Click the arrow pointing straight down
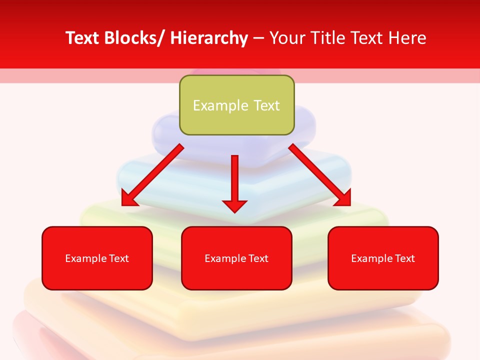click(234, 180)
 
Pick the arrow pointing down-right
click(320, 175)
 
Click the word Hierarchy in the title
click(209, 38)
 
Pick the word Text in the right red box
click(404, 258)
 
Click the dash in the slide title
click(258, 38)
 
